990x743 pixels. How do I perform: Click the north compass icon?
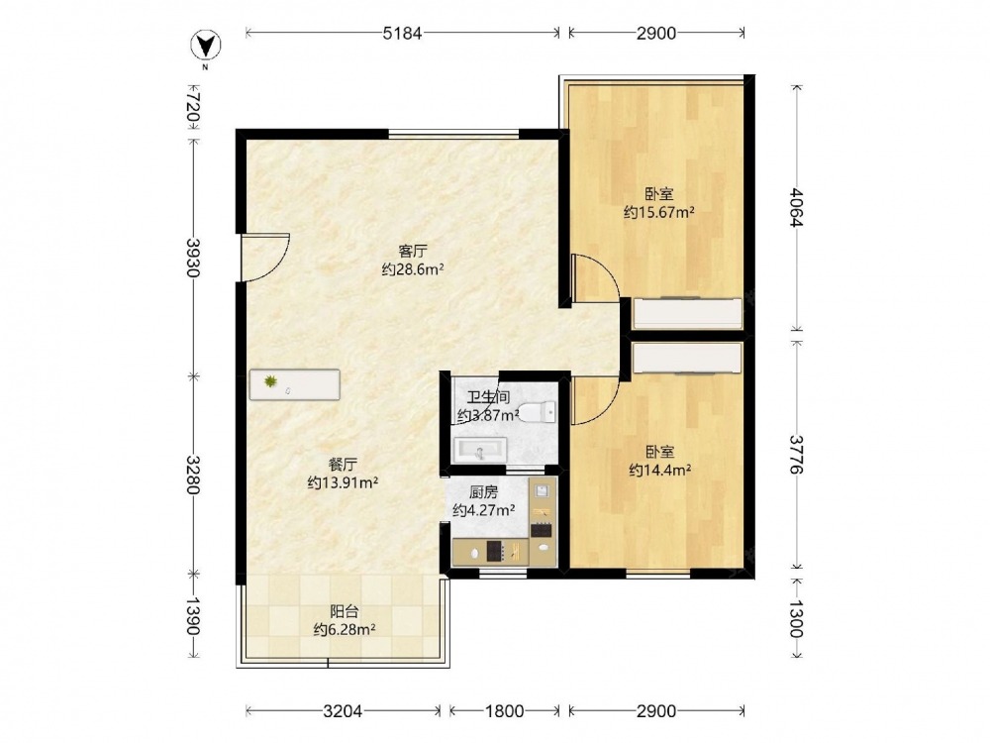coord(206,45)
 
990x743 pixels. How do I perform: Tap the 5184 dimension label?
coord(402,33)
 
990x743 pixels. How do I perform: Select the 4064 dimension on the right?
coord(797,207)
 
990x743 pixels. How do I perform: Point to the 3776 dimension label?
coord(797,455)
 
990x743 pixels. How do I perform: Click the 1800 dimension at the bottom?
coord(505,711)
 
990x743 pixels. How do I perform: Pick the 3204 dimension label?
coord(343,711)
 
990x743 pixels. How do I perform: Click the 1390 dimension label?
coord(194,616)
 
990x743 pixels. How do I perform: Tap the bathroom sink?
coord(480,450)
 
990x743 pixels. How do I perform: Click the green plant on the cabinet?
coord(271,381)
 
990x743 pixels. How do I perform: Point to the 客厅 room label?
coord(413,251)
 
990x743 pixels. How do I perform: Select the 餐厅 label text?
coord(343,465)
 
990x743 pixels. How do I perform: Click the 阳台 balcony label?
coord(345,611)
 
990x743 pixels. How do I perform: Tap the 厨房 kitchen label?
coord(484,492)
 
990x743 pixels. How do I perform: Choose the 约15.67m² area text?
coord(659,212)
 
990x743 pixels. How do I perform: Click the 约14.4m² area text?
coord(659,470)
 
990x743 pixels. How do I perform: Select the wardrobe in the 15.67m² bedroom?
coord(688,313)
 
